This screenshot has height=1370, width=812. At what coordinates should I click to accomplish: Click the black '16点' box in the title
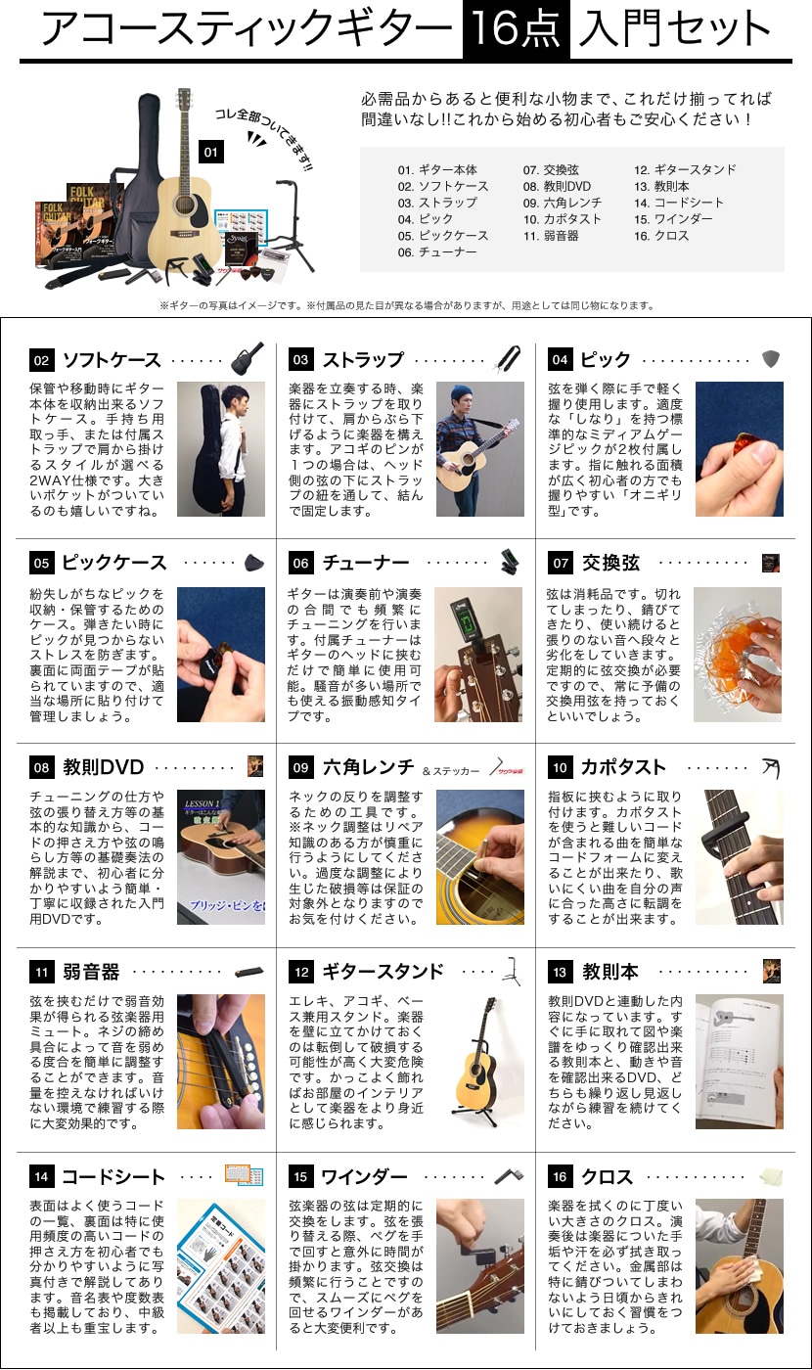[517, 28]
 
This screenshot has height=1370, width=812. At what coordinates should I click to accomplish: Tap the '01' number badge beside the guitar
[211, 153]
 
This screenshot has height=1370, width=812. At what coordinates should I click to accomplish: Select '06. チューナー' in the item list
[437, 252]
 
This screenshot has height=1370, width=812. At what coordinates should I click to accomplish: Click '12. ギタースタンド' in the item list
[685, 170]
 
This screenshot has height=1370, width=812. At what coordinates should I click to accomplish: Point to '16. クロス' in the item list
[661, 236]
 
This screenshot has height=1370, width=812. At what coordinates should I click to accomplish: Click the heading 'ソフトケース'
[112, 360]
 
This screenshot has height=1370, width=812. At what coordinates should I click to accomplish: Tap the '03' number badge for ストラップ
[301, 360]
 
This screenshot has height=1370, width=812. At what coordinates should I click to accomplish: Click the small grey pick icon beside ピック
[771, 359]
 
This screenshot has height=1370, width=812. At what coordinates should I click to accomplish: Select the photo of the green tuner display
[478, 655]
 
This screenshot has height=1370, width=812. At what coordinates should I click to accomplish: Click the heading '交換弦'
[610, 563]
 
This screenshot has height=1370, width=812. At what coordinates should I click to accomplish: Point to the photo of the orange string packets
[738, 655]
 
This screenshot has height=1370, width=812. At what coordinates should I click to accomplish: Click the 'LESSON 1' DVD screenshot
[221, 857]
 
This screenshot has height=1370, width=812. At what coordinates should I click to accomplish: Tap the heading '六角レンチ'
[369, 767]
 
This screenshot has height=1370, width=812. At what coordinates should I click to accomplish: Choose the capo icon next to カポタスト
[771, 767]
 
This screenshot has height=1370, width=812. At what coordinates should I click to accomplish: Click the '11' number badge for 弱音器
[41, 973]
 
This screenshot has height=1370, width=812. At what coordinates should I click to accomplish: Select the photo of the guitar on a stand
[480, 1062]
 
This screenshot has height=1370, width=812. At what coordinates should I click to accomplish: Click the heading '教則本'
[610, 972]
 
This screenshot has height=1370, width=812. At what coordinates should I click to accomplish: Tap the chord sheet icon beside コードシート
[244, 1175]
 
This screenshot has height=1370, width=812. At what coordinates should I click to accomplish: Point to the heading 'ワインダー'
[364, 1176]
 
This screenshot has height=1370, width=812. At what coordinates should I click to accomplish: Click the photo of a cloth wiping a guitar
[740, 1266]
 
